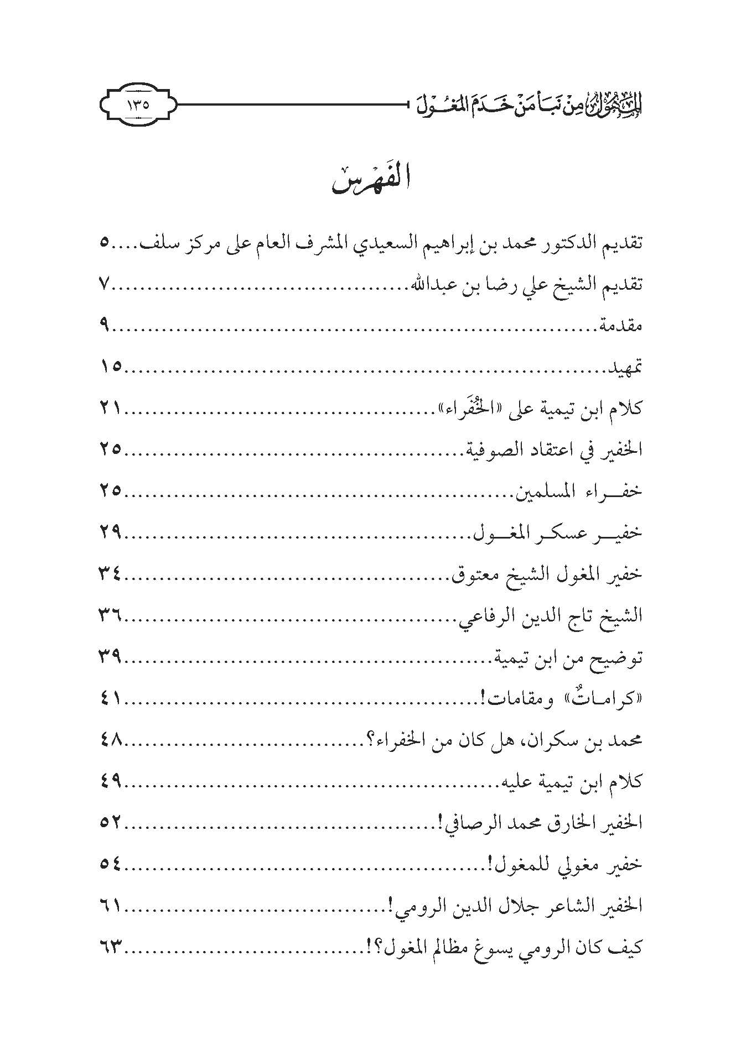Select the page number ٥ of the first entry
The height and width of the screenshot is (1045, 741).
pos(105,243)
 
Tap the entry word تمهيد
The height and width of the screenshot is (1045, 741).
pos(626,367)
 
